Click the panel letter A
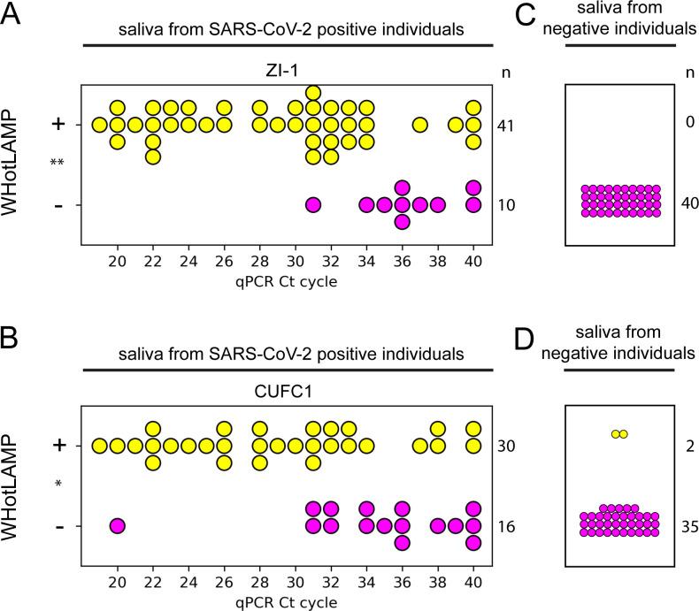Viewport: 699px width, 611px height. [12, 17]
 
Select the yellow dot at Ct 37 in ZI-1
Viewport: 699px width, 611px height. [420, 125]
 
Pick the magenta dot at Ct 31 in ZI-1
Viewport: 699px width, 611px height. [312, 205]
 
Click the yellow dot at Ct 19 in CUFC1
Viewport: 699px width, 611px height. [99, 446]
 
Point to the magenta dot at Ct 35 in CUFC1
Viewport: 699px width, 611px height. [384, 526]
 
